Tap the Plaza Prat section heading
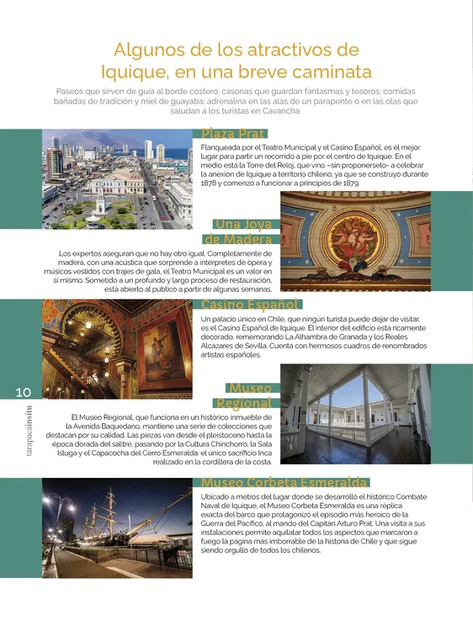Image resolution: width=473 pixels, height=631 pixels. (233, 134)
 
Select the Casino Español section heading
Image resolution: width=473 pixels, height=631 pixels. (250, 304)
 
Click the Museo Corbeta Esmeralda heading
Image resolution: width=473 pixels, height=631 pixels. (284, 482)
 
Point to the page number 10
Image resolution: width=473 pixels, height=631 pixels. (24, 392)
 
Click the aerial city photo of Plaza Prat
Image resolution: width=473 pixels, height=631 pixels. (117, 179)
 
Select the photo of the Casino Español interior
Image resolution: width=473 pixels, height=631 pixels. (117, 348)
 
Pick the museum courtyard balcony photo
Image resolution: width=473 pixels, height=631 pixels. (354, 414)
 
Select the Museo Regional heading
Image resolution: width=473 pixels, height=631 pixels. (250, 395)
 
